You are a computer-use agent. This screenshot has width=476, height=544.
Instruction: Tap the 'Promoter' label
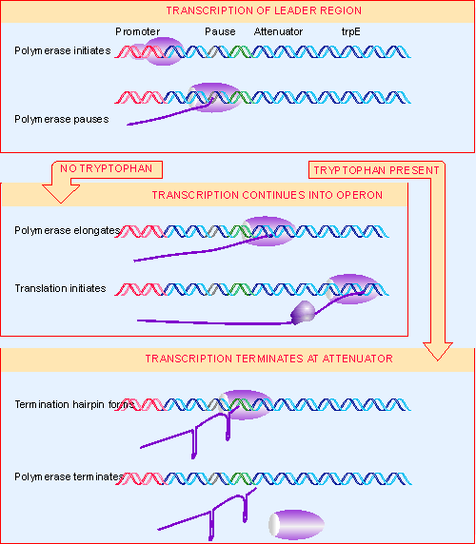[137, 31]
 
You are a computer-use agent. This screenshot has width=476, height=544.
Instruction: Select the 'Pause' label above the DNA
[220, 31]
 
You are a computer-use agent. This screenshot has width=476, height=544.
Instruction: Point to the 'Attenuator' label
[279, 31]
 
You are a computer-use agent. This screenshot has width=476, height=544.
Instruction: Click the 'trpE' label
[351, 31]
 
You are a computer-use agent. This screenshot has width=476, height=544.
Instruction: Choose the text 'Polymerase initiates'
[63, 49]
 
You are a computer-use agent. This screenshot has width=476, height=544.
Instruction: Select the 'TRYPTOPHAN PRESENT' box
[377, 169]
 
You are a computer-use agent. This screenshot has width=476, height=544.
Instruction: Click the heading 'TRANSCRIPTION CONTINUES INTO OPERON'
[267, 195]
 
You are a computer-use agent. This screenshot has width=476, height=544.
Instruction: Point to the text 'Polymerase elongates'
[68, 230]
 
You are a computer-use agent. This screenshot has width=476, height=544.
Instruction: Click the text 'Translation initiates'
[60, 287]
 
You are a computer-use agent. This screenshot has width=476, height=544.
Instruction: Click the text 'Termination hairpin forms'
[73, 404]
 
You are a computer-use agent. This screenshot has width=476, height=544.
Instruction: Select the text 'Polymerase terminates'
[69, 476]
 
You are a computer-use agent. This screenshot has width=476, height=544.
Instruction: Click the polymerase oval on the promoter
[165, 51]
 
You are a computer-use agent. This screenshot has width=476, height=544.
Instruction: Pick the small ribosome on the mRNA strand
[304, 311]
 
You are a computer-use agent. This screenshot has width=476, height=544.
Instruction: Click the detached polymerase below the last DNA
[296, 523]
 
